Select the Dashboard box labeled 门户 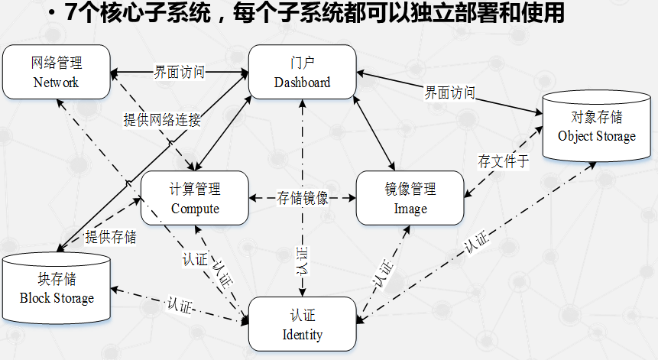tap(303, 71)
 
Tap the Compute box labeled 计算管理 tap(195, 197)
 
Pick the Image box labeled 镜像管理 tap(410, 197)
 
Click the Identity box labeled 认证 tap(303, 323)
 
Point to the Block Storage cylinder tap(57, 289)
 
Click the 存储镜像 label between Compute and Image tap(303, 198)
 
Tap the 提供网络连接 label tap(163, 120)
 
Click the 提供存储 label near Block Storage tap(111, 237)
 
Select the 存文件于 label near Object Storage tap(503, 161)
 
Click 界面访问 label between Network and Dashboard tap(179, 73)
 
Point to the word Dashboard tap(303, 82)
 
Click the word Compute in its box tap(195, 208)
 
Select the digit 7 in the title tap(73, 13)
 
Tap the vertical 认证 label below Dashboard tap(303, 260)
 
